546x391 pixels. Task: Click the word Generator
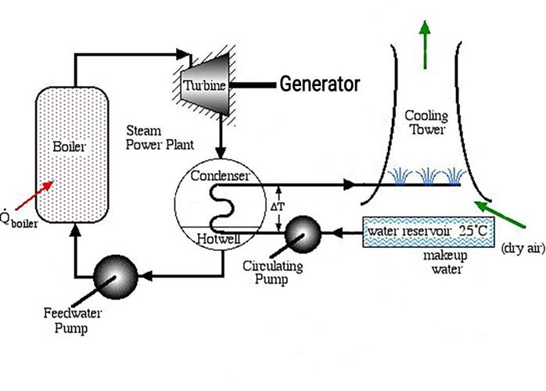pyautogui.click(x=320, y=83)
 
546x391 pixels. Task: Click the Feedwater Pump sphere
pyautogui.click(x=115, y=274)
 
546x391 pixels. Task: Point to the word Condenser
pyautogui.click(x=221, y=176)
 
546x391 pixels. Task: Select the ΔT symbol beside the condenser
pyautogui.click(x=275, y=208)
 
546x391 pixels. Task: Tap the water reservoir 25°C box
pyautogui.click(x=428, y=232)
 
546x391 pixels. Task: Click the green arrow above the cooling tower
pyautogui.click(x=426, y=34)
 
